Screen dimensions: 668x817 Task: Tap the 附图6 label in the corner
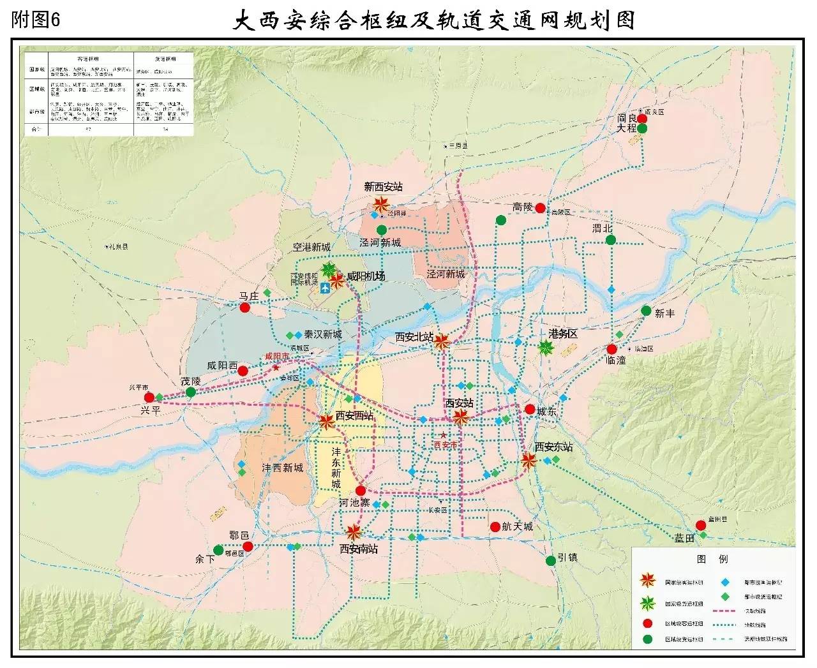coord(36,19)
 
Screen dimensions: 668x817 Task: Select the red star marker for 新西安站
coord(381,205)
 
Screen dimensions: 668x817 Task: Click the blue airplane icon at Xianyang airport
coord(325,288)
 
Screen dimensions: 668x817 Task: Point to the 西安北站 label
coord(414,336)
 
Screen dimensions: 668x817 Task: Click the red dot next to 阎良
coord(642,118)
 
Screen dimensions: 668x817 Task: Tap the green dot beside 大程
coord(642,128)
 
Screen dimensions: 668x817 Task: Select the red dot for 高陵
coord(541,207)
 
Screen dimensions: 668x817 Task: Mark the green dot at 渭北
coord(611,240)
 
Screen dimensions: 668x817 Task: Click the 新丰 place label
coord(664,313)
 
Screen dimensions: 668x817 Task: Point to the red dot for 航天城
coord(495,527)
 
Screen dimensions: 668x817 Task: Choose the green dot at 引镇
coord(551,560)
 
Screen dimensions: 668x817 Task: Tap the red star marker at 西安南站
coord(354,531)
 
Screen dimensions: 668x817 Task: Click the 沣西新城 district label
coord(283,468)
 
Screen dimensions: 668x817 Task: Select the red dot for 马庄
coord(244,308)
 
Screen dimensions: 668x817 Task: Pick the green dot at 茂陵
coord(190,392)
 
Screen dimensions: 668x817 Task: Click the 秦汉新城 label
coord(322,334)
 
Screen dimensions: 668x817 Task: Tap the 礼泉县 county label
coord(117,246)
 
